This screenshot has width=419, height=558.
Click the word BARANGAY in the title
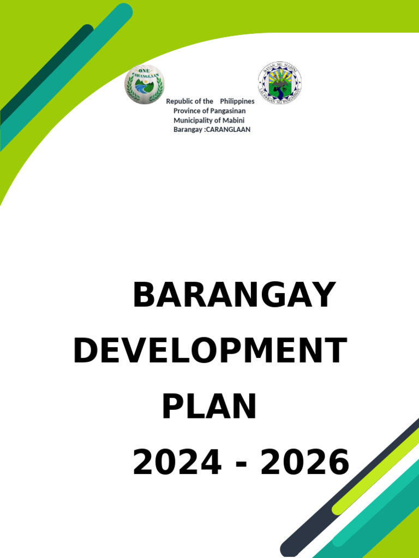coord(234,296)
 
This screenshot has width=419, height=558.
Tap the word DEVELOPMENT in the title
coord(210,351)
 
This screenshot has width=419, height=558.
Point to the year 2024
coord(177,463)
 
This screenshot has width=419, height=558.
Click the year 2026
coord(305,463)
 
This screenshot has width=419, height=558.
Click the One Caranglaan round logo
coord(144,84)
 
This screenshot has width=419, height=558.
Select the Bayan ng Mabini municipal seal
coord(279,83)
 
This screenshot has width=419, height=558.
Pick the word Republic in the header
coord(179,101)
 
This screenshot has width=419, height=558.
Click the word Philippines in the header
coord(237,101)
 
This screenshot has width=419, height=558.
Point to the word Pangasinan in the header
coord(224,111)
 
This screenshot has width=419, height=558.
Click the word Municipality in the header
coord(193,120)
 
